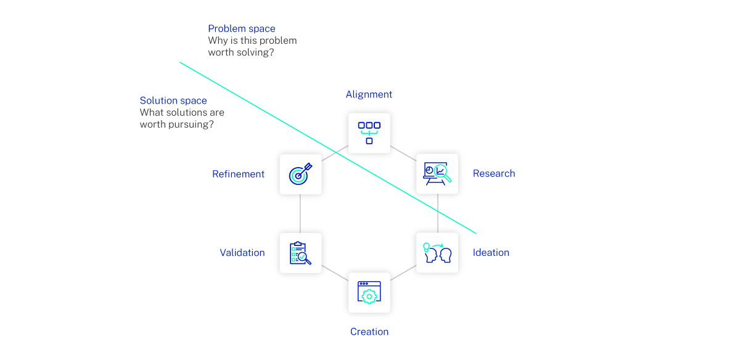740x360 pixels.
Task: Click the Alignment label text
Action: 369,94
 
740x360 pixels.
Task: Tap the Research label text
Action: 493,174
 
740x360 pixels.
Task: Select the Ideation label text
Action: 491,253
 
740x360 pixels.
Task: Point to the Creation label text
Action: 369,332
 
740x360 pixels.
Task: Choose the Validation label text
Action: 242,253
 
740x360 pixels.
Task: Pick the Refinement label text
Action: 238,174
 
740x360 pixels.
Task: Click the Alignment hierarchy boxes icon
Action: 369,133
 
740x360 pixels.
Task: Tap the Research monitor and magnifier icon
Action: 437,174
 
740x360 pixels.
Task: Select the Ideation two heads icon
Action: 437,253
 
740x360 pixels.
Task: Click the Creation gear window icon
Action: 369,292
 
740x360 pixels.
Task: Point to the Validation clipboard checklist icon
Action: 300,253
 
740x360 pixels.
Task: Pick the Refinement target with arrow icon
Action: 300,174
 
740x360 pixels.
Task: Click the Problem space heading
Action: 241,29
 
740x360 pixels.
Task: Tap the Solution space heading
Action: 173,101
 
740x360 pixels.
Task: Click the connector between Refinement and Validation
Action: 300,213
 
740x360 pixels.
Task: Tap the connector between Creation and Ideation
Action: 403,273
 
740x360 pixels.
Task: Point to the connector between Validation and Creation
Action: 334,273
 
